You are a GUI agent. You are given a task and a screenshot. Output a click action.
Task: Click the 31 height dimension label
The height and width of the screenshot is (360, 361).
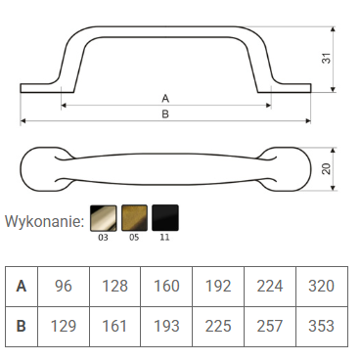(x=327, y=59)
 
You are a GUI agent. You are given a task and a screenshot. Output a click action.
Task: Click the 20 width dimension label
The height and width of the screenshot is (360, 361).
(x=327, y=168)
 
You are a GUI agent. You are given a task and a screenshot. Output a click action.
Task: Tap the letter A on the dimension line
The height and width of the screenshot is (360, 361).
(x=165, y=98)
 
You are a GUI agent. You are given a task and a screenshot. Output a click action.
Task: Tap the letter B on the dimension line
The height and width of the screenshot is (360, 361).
(x=165, y=114)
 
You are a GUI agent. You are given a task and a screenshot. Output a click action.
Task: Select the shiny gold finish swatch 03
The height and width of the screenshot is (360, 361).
(x=103, y=218)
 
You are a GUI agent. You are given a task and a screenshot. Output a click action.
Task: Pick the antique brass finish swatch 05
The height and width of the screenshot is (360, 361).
(x=134, y=218)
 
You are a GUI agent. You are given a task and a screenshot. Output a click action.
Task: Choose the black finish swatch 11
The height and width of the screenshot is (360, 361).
(x=165, y=218)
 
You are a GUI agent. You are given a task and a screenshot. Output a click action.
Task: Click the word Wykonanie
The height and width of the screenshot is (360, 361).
(x=45, y=222)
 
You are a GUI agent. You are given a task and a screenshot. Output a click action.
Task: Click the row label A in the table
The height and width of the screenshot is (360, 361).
(x=22, y=286)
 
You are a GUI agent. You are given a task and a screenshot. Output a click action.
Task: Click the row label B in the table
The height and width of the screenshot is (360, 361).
(x=22, y=326)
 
